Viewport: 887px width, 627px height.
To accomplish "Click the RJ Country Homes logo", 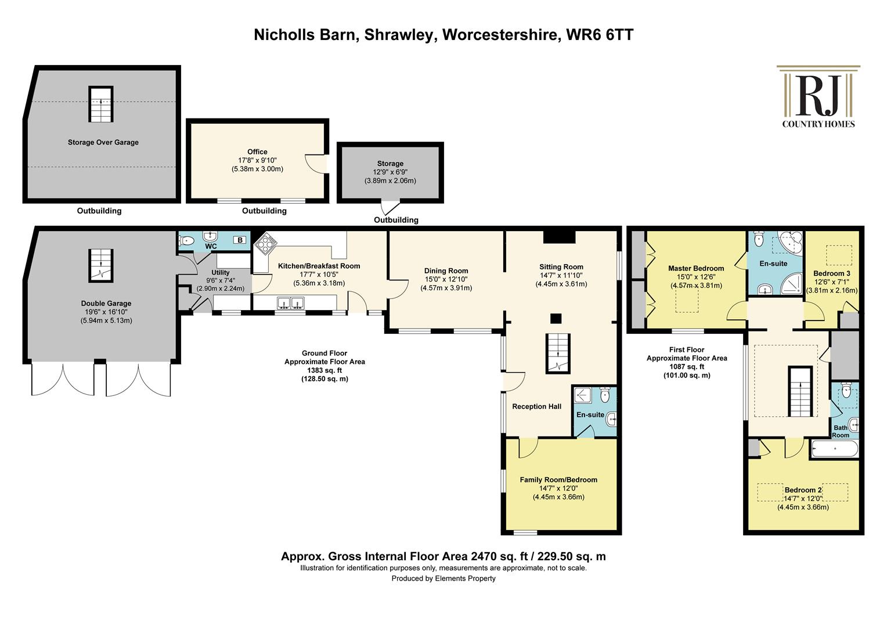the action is [x=818, y=96].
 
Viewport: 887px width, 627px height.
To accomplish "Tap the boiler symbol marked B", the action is [x=240, y=240].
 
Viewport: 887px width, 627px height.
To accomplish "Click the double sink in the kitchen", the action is [x=291, y=303].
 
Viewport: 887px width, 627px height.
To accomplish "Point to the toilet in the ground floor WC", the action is [x=186, y=240].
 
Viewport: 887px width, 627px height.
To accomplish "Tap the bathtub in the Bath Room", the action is [x=835, y=449].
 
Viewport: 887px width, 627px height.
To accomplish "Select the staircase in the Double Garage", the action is [x=101, y=265].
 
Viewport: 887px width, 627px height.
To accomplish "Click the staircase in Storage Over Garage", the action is [x=101, y=104].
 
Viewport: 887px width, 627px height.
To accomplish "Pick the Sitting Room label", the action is [x=561, y=267].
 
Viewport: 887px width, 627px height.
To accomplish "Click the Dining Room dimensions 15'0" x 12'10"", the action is [x=446, y=279].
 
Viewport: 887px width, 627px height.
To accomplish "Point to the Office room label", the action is [x=257, y=152].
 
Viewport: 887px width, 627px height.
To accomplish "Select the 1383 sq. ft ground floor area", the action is [x=324, y=370].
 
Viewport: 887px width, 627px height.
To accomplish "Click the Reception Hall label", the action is [x=536, y=406].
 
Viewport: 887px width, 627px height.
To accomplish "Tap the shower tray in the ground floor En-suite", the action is [x=582, y=395].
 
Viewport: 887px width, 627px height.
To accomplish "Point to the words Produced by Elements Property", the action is [x=443, y=579].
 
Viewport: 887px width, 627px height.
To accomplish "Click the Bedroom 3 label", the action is [x=831, y=273].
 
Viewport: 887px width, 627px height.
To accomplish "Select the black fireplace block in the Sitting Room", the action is [x=559, y=237].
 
